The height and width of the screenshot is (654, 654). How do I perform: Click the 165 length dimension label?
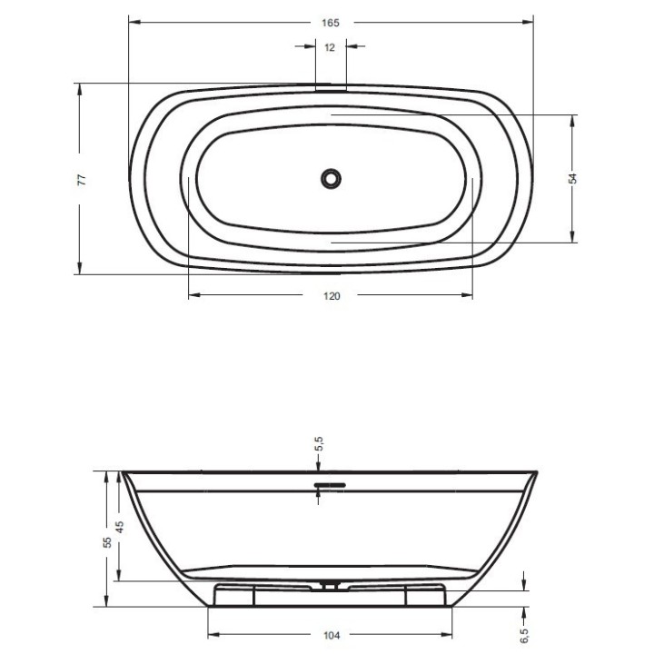tap(331, 23)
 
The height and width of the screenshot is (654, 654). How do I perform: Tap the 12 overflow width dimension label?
tap(330, 47)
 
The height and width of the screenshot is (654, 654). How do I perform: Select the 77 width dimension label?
tap(83, 180)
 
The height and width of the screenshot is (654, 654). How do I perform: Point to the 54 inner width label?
tap(573, 179)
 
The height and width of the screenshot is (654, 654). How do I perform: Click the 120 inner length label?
tap(332, 296)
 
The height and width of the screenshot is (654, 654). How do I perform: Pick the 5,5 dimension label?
tap(319, 444)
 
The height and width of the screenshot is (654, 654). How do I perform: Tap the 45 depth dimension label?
tap(120, 527)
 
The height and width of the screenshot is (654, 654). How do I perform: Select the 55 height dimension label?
tap(107, 542)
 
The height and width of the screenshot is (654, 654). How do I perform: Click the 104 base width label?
tap(332, 635)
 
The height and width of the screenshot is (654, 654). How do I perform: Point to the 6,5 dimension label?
tap(524, 636)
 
